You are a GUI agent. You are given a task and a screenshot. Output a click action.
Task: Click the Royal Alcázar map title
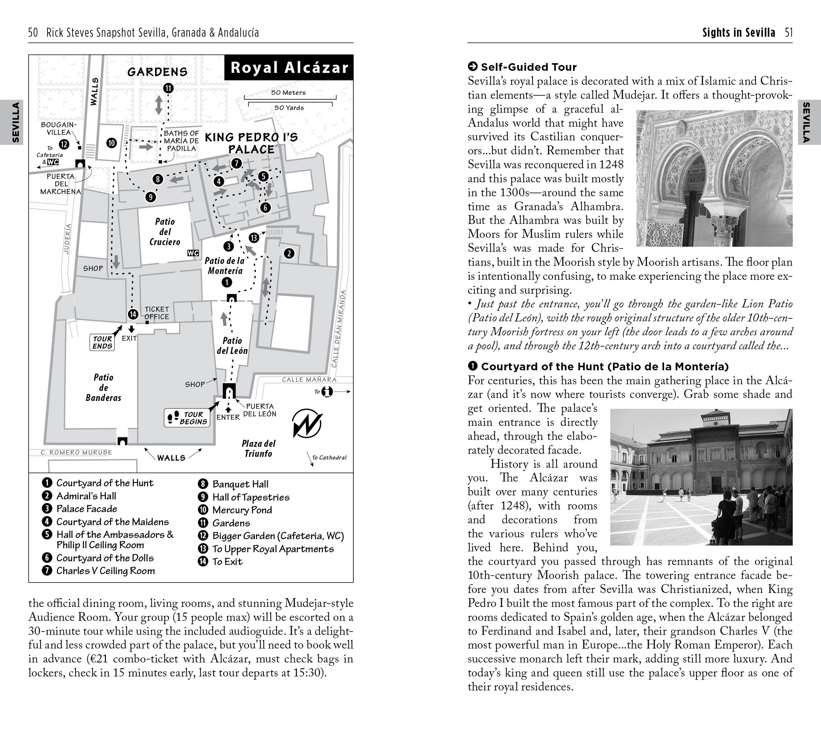(289, 68)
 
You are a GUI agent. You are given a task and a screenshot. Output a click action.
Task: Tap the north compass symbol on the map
(307, 424)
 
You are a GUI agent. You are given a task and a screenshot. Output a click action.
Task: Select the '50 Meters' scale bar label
(288, 93)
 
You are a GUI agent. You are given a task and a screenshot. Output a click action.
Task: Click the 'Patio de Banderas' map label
(103, 388)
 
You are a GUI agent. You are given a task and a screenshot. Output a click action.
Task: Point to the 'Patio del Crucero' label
(165, 232)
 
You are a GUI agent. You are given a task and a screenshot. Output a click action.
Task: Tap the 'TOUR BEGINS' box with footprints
(187, 418)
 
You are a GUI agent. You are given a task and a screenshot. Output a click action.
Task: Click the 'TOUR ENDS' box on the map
(102, 342)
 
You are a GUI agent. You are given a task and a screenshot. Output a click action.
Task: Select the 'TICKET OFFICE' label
(157, 313)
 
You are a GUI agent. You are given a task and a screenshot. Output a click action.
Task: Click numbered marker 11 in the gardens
(168, 88)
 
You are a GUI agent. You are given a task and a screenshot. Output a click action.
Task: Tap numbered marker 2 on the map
(289, 253)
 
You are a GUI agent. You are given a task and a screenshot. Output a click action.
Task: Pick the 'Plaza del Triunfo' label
(258, 449)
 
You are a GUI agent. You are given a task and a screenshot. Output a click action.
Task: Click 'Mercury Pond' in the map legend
(242, 510)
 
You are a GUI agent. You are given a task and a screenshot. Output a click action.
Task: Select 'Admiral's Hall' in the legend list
(86, 496)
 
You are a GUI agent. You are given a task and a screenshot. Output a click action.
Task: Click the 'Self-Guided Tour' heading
(529, 67)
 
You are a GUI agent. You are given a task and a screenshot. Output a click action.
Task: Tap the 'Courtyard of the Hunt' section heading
(604, 366)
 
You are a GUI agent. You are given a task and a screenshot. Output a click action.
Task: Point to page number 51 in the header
(789, 33)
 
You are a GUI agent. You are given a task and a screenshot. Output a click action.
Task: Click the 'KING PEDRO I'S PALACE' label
(251, 143)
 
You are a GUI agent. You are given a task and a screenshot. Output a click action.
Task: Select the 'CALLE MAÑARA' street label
(309, 379)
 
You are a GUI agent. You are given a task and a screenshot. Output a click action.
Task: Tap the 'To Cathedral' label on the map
(329, 457)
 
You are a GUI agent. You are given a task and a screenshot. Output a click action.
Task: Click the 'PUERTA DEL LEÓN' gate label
(260, 410)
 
